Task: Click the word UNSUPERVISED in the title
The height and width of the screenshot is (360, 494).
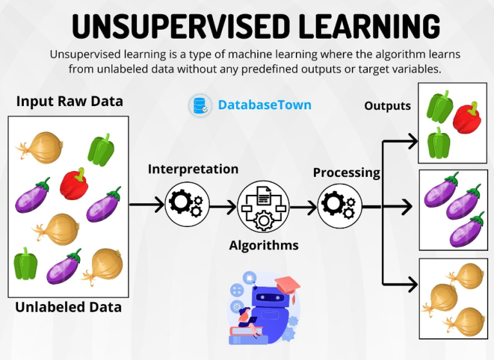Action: (x=181, y=26)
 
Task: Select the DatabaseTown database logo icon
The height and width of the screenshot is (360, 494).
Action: (x=200, y=105)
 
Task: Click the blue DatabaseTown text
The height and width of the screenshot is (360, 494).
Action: (x=264, y=105)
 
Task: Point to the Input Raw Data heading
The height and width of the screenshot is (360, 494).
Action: (x=69, y=102)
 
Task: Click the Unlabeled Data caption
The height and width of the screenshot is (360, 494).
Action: (x=68, y=307)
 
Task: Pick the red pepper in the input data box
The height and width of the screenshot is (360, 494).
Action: (x=74, y=184)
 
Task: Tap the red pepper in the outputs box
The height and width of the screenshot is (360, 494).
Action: (x=467, y=118)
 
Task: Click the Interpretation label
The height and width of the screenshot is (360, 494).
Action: (x=193, y=169)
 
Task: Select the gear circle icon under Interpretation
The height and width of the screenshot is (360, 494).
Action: (x=187, y=204)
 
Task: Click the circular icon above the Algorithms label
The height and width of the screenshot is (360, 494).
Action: (x=263, y=206)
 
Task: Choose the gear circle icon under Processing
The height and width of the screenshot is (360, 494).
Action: (x=340, y=206)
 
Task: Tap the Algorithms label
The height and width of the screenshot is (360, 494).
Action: (x=264, y=246)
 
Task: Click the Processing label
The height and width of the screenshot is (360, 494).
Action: (x=347, y=172)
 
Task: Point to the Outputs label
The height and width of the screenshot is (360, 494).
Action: (x=387, y=106)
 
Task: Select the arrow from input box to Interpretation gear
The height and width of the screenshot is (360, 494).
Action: (x=147, y=204)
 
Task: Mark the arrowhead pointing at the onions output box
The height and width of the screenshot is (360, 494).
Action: (x=413, y=284)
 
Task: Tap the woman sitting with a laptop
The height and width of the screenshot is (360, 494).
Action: (x=247, y=322)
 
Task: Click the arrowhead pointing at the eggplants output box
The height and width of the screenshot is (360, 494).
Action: (x=407, y=206)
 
